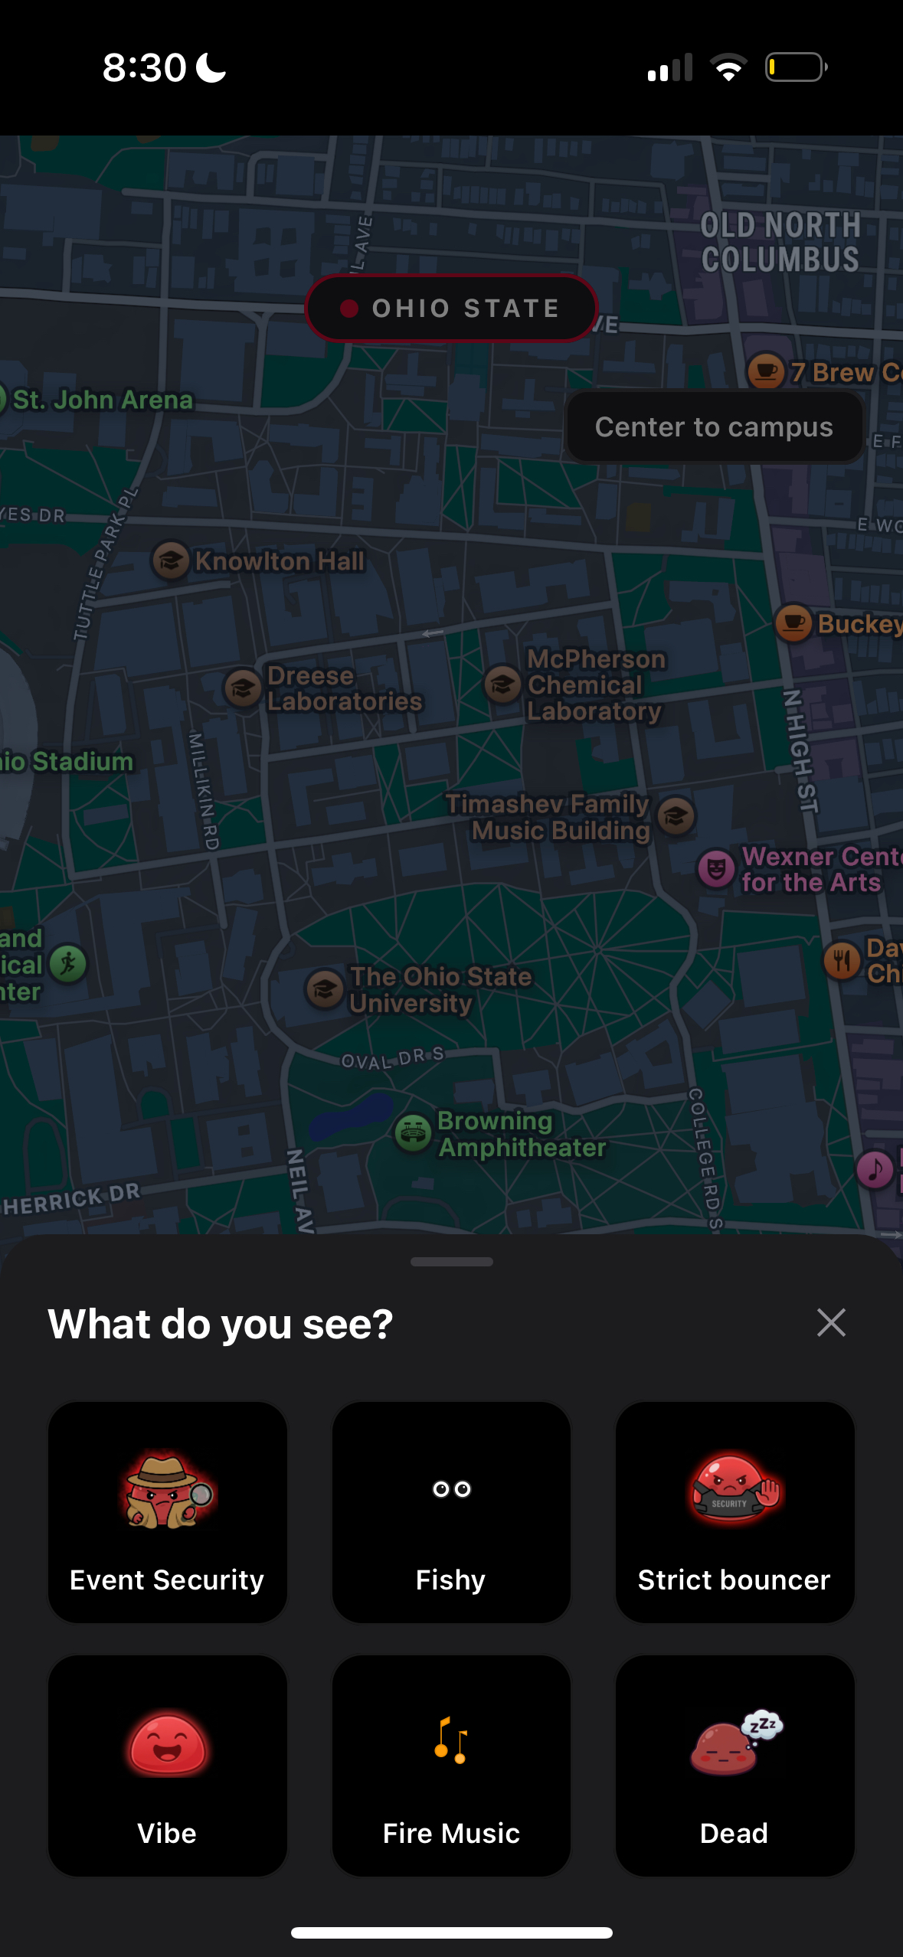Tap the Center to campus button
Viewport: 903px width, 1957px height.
714,427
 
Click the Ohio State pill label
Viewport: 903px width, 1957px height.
451,309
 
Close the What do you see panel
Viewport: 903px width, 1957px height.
831,1322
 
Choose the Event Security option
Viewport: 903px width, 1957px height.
168,1511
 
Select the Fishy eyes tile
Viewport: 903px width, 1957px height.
451,1511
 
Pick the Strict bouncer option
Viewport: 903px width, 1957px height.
735,1511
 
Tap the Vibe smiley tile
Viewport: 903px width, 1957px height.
168,1765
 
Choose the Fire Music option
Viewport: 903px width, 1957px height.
451,1765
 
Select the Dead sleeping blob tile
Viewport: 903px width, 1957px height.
735,1765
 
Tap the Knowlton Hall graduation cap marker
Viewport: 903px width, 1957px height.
171,560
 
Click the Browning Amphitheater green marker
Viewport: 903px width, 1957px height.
414,1132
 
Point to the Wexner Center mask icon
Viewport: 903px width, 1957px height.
716,869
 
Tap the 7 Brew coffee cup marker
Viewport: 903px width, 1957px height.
766,371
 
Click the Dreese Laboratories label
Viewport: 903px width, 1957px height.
344,688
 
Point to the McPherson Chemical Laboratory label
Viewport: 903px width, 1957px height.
596,684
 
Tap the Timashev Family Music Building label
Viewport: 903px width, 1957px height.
548,817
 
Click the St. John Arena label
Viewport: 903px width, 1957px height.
103,400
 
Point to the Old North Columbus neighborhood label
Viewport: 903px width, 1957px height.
780,242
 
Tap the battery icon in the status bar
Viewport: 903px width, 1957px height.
796,67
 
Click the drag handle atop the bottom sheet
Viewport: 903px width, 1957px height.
451,1262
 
